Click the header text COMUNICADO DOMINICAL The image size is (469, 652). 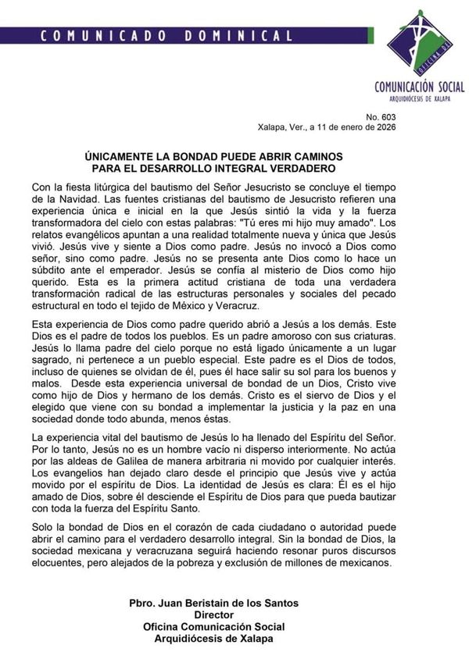[x=166, y=35]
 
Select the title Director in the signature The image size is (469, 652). [x=214, y=615]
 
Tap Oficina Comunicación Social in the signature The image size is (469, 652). [x=214, y=626]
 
